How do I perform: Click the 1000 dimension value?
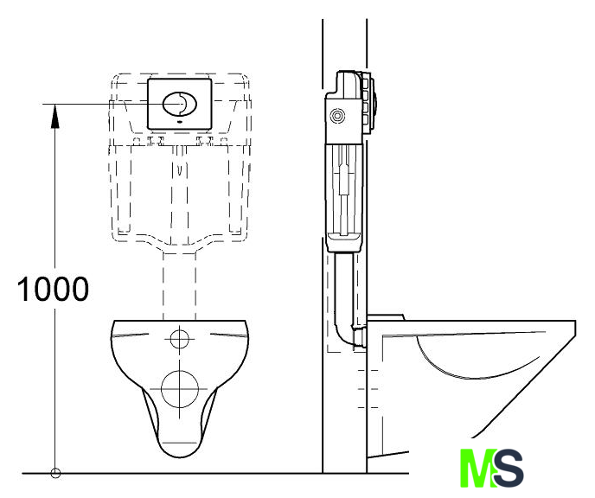tap(53, 290)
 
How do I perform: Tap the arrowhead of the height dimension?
tap(55, 116)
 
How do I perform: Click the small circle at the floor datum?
tap(55, 473)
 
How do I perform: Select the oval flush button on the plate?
tap(180, 103)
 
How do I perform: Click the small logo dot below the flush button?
tap(180, 122)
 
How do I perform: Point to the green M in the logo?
tap(477, 468)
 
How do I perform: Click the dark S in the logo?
tap(509, 468)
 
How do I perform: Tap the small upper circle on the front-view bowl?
tap(180, 339)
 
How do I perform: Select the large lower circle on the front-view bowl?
tap(180, 389)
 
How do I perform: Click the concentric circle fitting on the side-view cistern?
tap(337, 116)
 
